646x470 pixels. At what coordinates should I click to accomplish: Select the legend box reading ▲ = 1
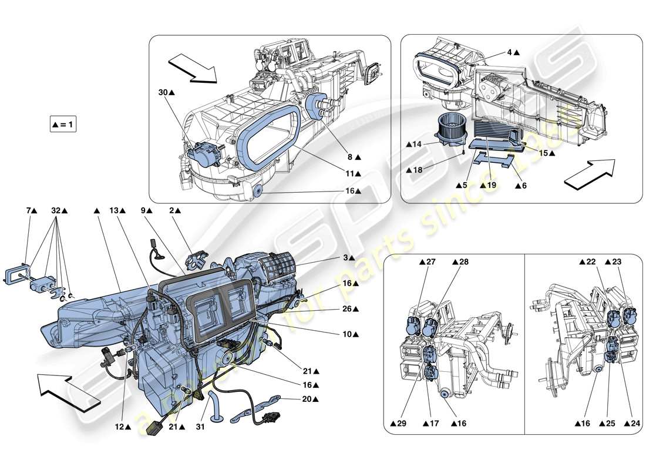pos(64,125)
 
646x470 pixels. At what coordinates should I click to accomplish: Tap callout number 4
pos(509,52)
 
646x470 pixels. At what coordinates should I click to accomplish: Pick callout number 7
pos(29,210)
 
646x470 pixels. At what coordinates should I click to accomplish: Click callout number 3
pos(347,257)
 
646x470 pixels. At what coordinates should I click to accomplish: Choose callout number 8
pos(351,157)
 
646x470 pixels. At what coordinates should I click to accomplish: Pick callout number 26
pos(351,308)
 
